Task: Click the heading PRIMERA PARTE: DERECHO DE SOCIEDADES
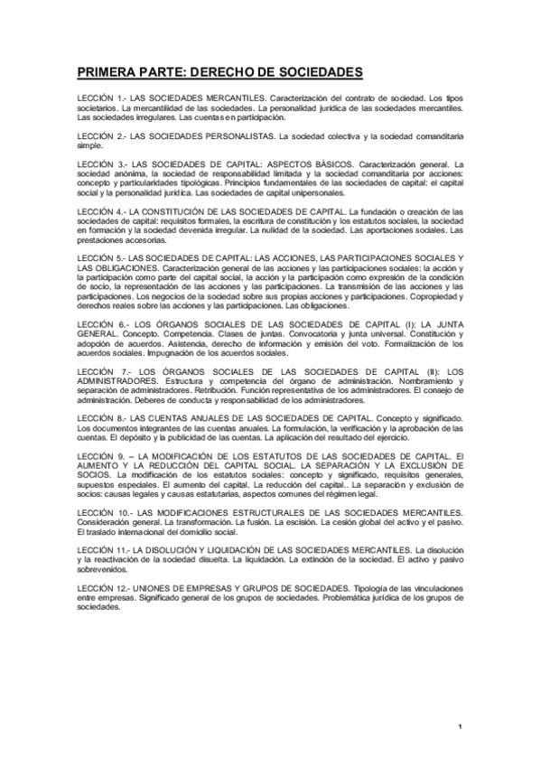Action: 219,71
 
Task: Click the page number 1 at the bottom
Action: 460,725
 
